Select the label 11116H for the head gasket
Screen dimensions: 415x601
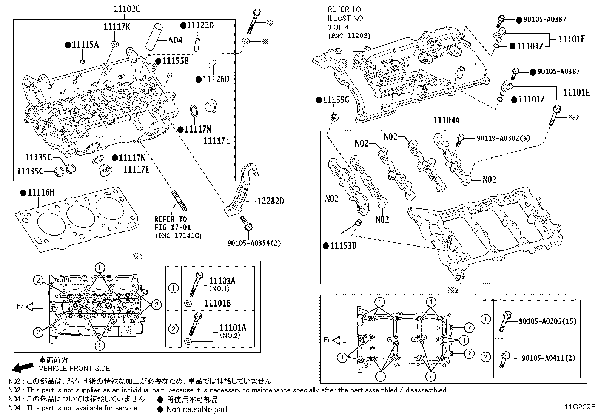point(41,193)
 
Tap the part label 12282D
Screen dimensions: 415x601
point(270,201)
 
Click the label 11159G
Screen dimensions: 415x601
point(336,100)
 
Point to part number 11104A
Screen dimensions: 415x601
point(446,120)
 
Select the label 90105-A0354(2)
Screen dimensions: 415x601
point(254,243)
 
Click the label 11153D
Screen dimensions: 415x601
point(343,246)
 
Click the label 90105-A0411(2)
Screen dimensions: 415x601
point(548,358)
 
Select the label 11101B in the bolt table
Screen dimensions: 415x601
point(217,304)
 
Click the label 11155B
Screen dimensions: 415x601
point(175,61)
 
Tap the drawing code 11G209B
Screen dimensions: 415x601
point(580,407)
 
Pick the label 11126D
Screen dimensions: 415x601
point(216,79)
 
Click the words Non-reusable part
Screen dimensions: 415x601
point(197,409)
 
